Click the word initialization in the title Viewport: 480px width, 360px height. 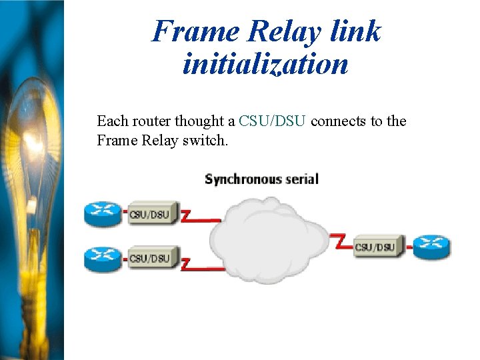click(x=265, y=65)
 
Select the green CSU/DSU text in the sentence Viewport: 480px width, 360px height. click(x=272, y=121)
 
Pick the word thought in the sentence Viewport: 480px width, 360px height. click(x=197, y=121)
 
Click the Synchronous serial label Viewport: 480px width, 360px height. click(x=261, y=179)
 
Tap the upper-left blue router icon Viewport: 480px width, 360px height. click(x=103, y=213)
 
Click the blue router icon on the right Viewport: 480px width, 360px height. click(x=431, y=247)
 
